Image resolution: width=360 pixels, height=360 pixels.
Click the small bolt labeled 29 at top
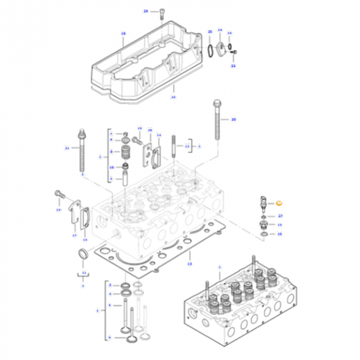point(157,11)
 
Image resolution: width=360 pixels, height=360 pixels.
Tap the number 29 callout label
point(145,11)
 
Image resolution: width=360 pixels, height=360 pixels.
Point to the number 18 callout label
point(122,35)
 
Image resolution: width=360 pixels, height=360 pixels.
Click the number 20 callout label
point(234,120)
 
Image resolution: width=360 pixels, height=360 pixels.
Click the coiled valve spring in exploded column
point(128,154)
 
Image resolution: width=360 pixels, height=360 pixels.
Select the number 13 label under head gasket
point(189,264)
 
